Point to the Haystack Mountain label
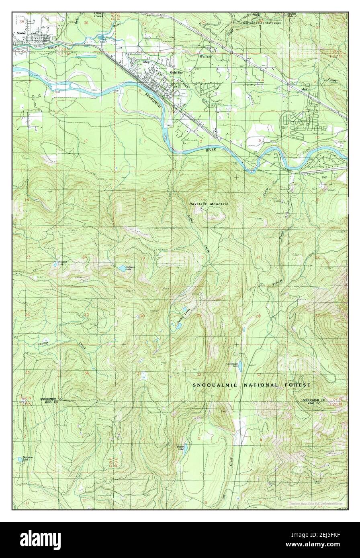click(209, 204)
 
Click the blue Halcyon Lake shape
click(121, 268)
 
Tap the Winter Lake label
click(180, 447)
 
